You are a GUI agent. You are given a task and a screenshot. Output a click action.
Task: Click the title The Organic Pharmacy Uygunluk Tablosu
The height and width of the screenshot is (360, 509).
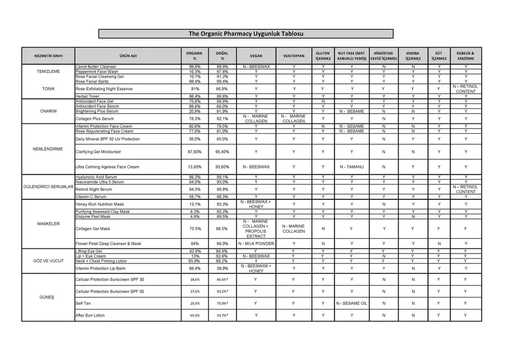point(246,34)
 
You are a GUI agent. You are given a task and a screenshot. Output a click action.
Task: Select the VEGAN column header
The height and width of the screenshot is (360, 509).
point(256,56)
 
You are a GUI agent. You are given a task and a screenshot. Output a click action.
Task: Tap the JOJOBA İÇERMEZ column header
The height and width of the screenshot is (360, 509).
point(413,56)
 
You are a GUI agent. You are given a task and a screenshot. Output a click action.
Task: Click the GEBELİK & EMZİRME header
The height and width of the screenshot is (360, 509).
point(466,56)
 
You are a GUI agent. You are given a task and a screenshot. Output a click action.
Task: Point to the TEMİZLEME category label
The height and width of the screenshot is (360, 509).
point(48,72)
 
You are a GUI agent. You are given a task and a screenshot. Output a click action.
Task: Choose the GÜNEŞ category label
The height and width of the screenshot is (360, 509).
point(48,297)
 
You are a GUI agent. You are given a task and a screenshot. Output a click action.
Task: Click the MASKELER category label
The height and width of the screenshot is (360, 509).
point(48,224)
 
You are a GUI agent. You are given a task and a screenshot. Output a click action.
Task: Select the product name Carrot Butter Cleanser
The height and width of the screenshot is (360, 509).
point(96,67)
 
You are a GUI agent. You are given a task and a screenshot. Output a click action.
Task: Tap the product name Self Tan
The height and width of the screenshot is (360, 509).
point(83,303)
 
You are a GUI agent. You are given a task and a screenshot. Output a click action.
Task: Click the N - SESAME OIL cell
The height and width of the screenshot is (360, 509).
point(352,303)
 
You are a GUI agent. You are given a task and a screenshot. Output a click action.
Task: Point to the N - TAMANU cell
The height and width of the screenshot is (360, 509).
point(352,167)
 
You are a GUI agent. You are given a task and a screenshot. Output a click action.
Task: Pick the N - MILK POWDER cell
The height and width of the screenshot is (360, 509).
point(256,244)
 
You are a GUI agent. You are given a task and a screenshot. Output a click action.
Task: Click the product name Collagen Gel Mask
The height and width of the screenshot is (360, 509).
point(93,229)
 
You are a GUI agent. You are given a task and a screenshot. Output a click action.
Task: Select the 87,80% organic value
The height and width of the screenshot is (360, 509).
point(195,152)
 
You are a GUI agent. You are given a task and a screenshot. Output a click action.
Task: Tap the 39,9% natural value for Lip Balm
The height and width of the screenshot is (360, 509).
point(222,268)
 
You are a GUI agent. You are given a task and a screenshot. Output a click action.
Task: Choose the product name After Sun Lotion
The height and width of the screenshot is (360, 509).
point(90,315)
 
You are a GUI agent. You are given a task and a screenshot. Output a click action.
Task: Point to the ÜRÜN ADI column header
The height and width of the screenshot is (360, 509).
point(128,56)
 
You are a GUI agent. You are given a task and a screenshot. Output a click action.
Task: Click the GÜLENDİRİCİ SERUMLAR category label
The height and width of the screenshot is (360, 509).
point(48,187)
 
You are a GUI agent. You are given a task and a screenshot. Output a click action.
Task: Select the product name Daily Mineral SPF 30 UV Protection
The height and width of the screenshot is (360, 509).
point(107,139)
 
